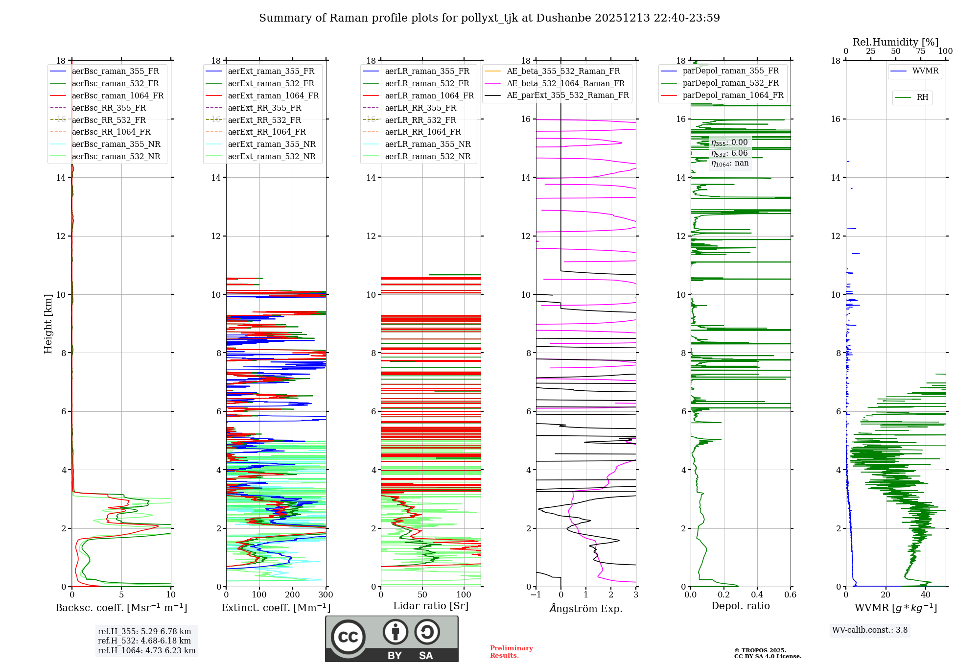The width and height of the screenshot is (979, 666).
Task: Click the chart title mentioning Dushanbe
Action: pos(489,18)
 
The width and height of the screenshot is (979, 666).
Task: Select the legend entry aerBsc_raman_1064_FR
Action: pos(117,95)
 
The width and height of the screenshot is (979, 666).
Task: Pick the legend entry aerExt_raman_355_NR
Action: pos(272,144)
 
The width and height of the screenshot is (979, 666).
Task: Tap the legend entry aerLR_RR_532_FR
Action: pos(420,120)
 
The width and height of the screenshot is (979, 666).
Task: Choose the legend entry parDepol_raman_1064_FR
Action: pos(733,95)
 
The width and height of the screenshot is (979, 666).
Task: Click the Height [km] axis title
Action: pos(48,323)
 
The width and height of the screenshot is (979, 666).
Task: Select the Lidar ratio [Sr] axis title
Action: pos(431,606)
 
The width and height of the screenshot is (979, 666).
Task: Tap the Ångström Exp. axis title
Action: pos(586,608)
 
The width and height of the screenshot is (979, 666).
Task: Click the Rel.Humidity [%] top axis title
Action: pos(895,42)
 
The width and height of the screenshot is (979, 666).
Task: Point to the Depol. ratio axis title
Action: pos(740,606)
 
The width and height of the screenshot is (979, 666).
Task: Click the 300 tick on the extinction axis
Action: pos(326,595)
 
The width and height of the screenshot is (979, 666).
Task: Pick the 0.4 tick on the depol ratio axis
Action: pos(757,595)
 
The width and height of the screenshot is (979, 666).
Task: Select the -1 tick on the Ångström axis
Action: pos(536,595)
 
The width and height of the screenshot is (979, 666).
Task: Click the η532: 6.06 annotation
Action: pos(729,153)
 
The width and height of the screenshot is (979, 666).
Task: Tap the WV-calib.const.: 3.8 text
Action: pos(870,630)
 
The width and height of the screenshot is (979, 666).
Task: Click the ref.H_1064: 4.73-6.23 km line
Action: pos(146,650)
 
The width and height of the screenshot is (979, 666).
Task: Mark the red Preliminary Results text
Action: pos(511,652)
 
